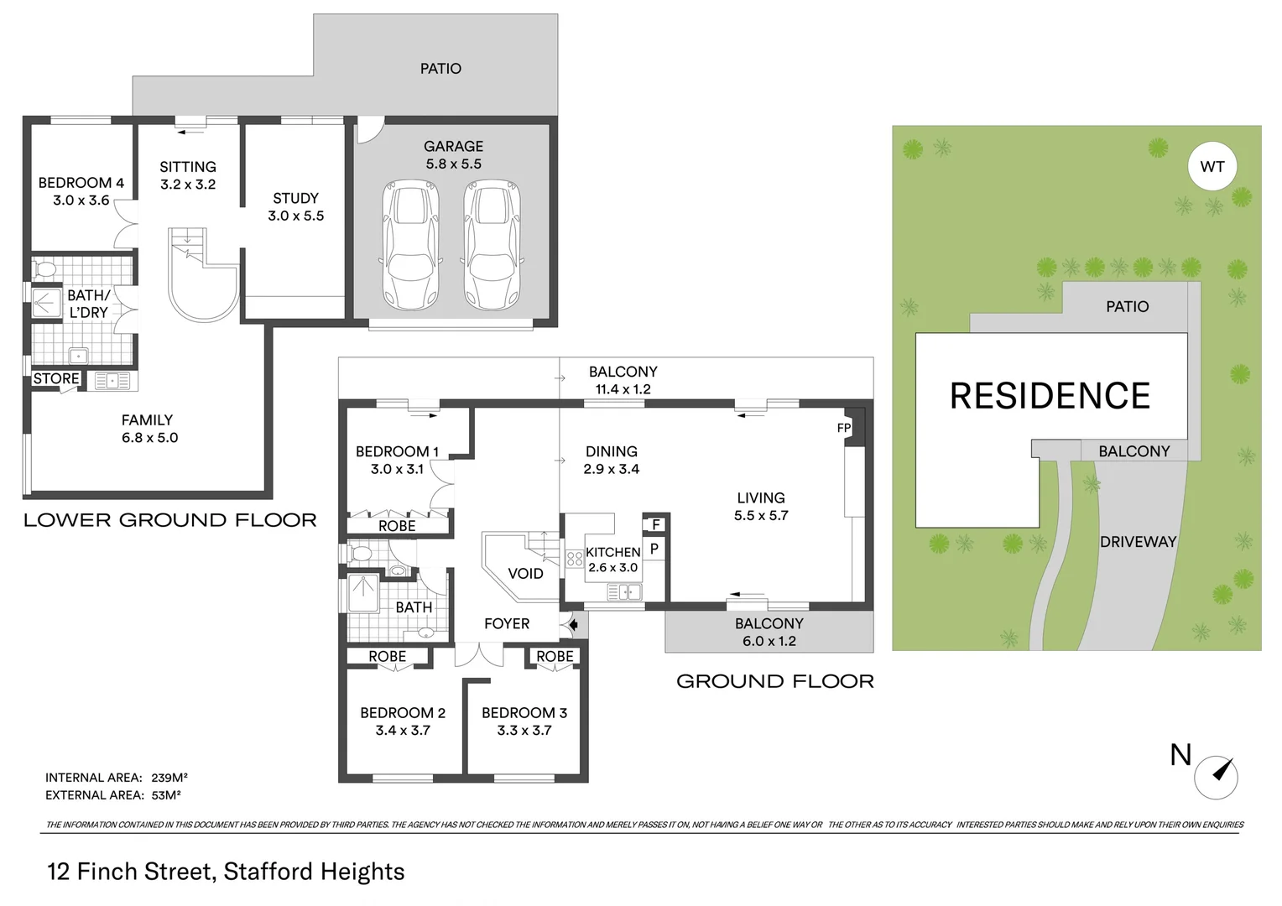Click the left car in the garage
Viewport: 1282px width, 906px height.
coord(411,244)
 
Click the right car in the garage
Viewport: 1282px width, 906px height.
coord(492,244)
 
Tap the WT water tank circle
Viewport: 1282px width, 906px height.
coord(1212,167)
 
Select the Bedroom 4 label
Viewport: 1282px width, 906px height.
coord(81,183)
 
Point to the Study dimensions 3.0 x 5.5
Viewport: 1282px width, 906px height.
coord(295,216)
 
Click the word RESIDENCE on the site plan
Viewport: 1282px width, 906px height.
coord(1050,396)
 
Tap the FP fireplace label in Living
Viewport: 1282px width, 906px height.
coord(844,428)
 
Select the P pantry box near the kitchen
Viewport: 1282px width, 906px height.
coord(654,549)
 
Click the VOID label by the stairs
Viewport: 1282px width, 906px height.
coord(525,574)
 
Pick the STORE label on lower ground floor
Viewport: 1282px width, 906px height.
coord(56,379)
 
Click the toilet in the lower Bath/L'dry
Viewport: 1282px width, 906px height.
coord(45,270)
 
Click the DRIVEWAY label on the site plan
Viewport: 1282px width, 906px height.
coord(1138,542)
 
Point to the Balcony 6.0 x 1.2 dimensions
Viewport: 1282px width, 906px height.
coord(769,642)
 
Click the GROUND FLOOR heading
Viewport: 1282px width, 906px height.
coord(774,681)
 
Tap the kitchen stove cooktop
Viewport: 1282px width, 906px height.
coord(575,559)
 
